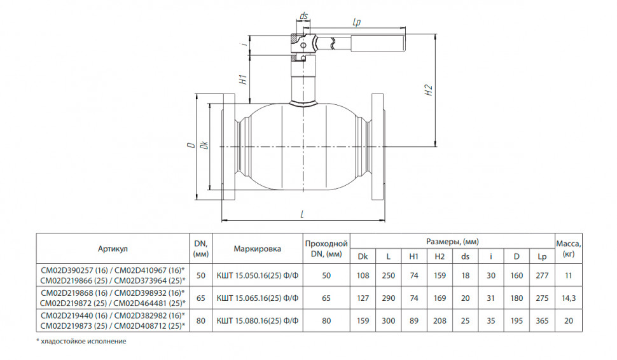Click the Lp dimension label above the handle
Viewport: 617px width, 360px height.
(356, 22)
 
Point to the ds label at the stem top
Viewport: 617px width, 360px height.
(303, 16)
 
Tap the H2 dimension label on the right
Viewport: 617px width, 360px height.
(429, 90)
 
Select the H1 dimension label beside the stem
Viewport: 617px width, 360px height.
(244, 79)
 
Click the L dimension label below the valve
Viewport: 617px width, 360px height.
(302, 214)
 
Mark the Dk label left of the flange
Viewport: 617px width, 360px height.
(204, 145)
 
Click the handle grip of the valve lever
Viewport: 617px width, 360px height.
(378, 43)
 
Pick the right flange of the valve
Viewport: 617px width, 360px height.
(377, 147)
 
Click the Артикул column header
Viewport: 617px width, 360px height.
(113, 249)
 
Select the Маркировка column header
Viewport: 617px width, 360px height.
(258, 249)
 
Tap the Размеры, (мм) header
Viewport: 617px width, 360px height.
(452, 242)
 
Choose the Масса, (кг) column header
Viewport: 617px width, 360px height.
(569, 249)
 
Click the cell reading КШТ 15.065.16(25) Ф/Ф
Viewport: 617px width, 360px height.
(258, 298)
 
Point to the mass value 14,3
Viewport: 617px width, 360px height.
(569, 298)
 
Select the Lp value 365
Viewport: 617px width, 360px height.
(542, 321)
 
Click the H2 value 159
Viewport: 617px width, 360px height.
(440, 275)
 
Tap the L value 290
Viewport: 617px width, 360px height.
(389, 298)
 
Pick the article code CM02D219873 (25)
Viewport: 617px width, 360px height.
(74, 326)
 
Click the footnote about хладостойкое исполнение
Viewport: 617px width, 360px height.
(81, 341)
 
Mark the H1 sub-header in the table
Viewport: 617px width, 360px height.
(414, 256)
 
